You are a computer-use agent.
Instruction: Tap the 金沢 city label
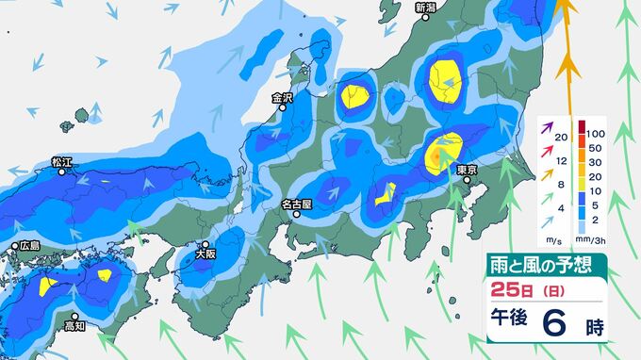pyautogui.click(x=283, y=97)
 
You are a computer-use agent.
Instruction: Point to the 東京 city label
pyautogui.click(x=468, y=170)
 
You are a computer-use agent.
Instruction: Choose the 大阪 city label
pyautogui.click(x=205, y=254)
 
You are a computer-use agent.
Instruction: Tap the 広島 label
pyautogui.click(x=30, y=246)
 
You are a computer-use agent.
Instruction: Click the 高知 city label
pyautogui.click(x=74, y=327)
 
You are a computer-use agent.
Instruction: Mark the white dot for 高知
pyautogui.click(x=74, y=317)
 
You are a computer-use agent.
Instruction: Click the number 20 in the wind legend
pyautogui.click(x=561, y=139)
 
